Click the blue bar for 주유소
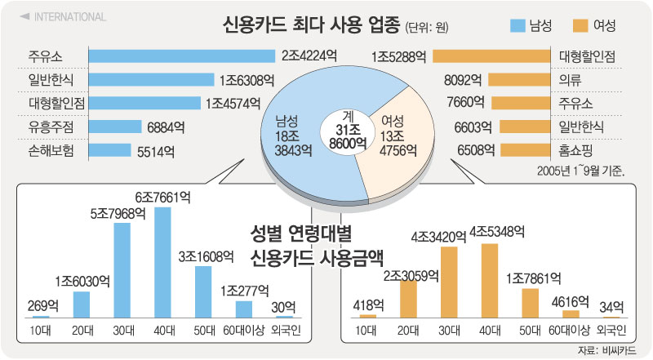coord(182,56)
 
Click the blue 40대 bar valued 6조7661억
coord(162,262)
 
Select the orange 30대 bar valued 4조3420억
coord(448,282)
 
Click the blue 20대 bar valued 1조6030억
coord(81,304)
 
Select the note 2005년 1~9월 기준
coord(580,171)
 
